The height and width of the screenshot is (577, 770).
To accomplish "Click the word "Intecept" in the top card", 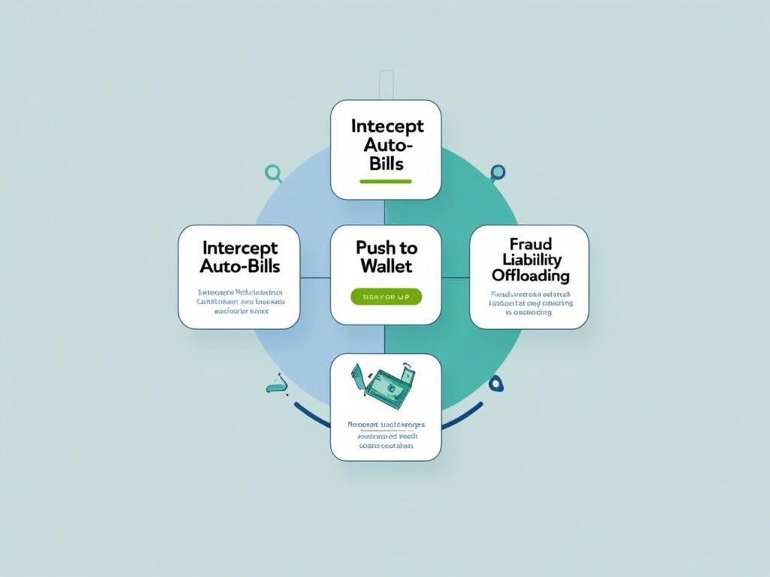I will click(386, 125).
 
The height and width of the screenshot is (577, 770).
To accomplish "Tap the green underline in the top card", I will click(386, 181).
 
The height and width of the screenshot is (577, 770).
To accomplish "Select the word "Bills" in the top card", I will click(386, 164).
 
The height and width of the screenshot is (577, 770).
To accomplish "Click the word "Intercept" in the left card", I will click(239, 247).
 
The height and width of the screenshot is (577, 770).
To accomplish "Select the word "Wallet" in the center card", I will click(386, 267).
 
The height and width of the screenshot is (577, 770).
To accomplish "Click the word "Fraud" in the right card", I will click(529, 244).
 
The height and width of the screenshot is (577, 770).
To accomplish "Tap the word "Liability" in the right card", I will click(529, 260).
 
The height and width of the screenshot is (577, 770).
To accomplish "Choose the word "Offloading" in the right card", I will click(529, 276).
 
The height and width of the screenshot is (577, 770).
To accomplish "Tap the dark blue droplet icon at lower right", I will click(496, 384).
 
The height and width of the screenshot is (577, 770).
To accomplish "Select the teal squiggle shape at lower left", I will click(276, 388).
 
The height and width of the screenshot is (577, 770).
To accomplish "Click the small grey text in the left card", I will click(239, 301).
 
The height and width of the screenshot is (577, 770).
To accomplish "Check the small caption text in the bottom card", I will click(386, 435).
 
